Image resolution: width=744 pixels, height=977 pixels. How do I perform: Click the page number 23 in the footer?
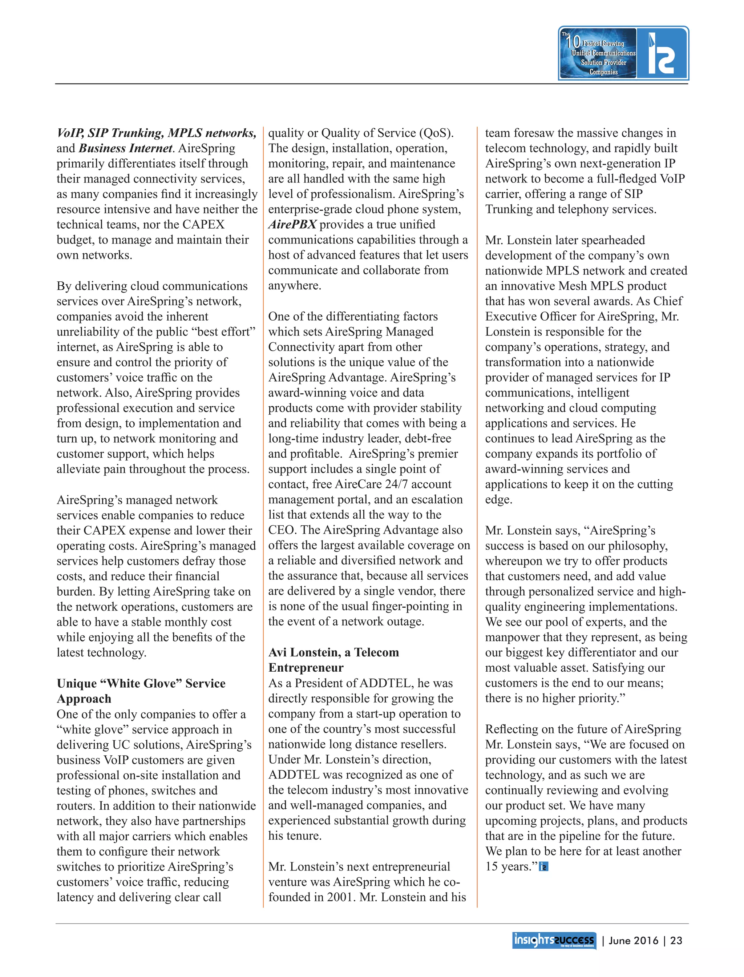tap(676, 940)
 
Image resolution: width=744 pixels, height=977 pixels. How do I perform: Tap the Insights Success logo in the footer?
tap(554, 940)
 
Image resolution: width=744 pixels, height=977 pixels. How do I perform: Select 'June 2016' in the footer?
tap(633, 940)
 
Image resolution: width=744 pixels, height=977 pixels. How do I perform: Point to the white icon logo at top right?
tap(661, 53)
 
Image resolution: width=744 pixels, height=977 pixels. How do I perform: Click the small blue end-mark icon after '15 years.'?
tap(543, 867)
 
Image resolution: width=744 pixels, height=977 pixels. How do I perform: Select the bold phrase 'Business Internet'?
tap(125, 148)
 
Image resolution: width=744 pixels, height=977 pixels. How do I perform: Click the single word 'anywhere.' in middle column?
tap(295, 285)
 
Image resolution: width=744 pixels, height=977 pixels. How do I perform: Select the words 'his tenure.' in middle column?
tap(295, 836)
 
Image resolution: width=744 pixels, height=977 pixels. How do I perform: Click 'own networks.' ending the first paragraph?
tap(94, 255)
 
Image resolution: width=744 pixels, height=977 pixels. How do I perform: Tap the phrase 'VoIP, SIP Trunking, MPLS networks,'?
tap(156, 133)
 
